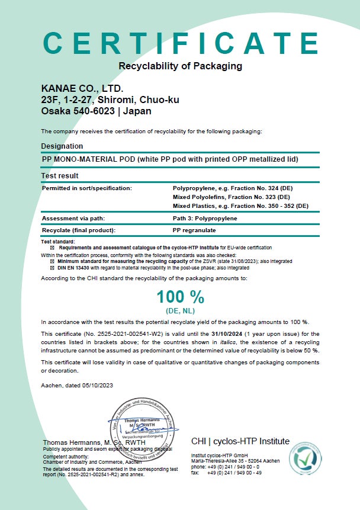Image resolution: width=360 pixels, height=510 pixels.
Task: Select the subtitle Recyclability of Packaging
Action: pyautogui.click(x=180, y=66)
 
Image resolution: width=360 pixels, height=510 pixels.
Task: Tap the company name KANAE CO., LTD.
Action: pyautogui.click(x=82, y=89)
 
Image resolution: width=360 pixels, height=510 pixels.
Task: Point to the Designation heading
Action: pyautogui.click(x=62, y=146)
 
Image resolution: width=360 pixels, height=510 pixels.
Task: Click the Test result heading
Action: pyautogui.click(x=60, y=176)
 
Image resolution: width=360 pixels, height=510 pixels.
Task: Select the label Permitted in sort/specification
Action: pyautogui.click(x=86, y=188)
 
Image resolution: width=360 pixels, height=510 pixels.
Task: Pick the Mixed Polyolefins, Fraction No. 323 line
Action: pyautogui.click(x=231, y=197)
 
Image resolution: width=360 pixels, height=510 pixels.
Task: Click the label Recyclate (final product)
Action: pyautogui.click(x=78, y=229)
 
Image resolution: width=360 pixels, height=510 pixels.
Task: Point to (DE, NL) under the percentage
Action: pyautogui.click(x=180, y=311)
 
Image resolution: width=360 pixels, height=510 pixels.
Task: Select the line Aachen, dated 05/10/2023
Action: pyautogui.click(x=76, y=386)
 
